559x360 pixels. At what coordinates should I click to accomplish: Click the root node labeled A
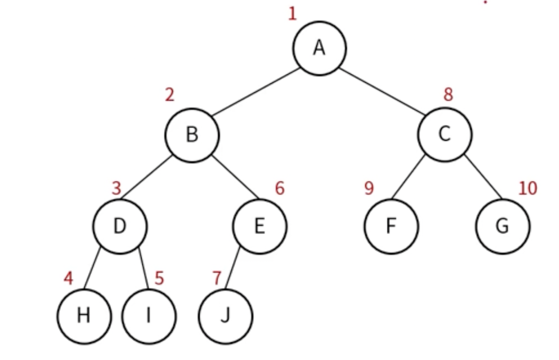click(320, 48)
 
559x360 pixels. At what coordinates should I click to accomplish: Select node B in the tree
click(192, 135)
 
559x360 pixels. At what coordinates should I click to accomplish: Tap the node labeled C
click(445, 134)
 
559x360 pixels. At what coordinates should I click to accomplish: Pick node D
click(120, 226)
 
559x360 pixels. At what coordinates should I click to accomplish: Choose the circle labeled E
click(260, 226)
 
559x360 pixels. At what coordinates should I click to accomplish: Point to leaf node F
click(391, 227)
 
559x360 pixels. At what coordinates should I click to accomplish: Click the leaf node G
click(503, 227)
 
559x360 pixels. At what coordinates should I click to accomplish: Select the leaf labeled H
click(84, 316)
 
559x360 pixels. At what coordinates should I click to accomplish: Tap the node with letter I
click(149, 316)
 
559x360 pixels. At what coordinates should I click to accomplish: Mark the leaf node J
click(225, 316)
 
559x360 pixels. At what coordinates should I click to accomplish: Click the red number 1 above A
click(292, 13)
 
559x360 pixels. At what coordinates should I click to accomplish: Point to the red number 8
click(448, 94)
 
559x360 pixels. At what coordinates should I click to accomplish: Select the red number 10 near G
click(528, 188)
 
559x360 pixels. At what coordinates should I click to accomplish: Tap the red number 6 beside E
click(280, 188)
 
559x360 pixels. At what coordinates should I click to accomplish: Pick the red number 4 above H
click(68, 279)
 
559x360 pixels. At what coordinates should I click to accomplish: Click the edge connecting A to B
click(256, 92)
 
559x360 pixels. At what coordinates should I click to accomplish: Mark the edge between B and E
click(236, 178)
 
